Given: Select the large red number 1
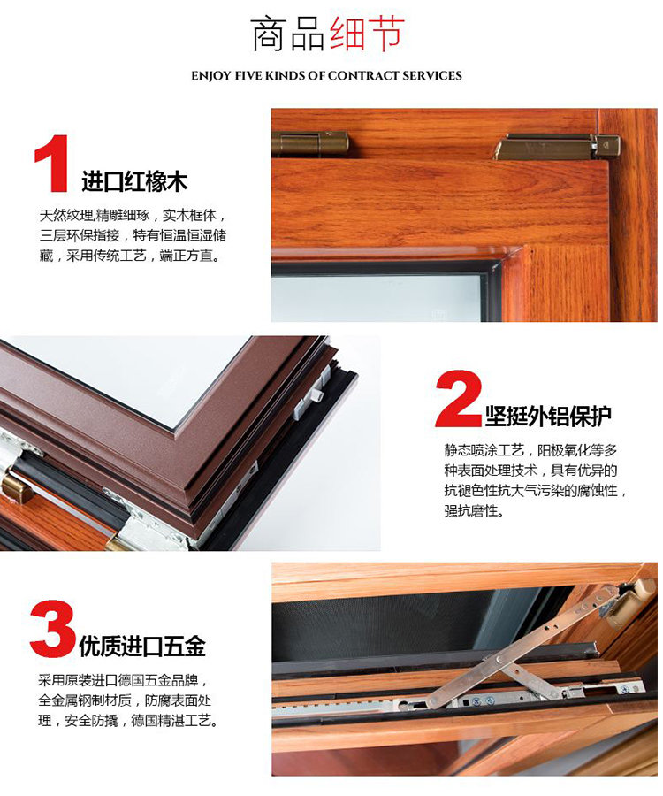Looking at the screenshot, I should click(x=52, y=164).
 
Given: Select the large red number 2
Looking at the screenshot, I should click(x=458, y=400).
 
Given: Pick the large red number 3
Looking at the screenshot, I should click(x=52, y=630).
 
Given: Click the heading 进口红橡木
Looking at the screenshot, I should click(x=134, y=182).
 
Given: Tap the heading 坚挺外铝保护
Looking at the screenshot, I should click(x=548, y=416).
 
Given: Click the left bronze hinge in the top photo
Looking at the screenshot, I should click(x=309, y=142).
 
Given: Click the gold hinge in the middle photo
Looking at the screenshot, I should click(x=15, y=486).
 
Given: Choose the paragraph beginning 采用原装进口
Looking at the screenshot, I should click(x=127, y=700).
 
